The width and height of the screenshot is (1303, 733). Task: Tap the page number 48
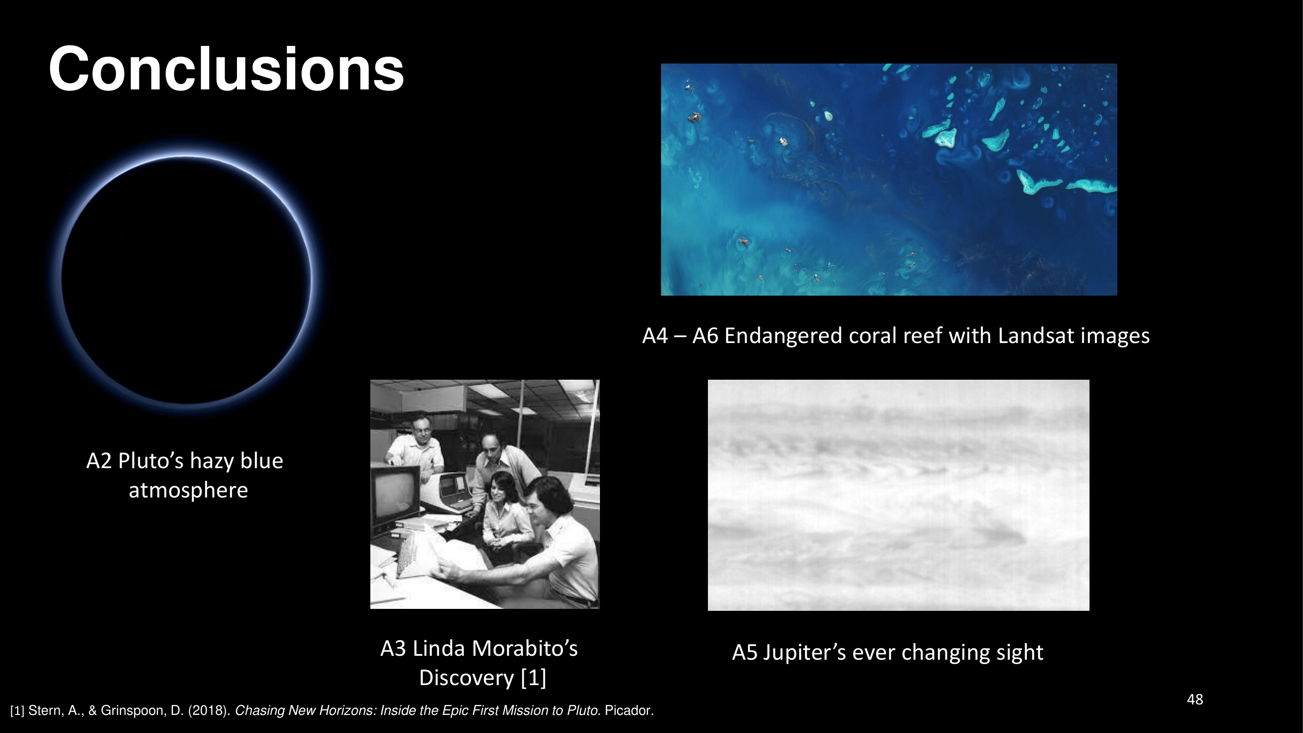(x=1195, y=699)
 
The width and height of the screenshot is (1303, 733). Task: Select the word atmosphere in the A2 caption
(x=188, y=490)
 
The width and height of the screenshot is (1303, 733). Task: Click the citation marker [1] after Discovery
(x=534, y=678)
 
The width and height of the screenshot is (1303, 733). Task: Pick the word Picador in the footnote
(x=628, y=710)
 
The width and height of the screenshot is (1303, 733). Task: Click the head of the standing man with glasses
(x=421, y=431)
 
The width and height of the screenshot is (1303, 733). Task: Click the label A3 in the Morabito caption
(x=392, y=648)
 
